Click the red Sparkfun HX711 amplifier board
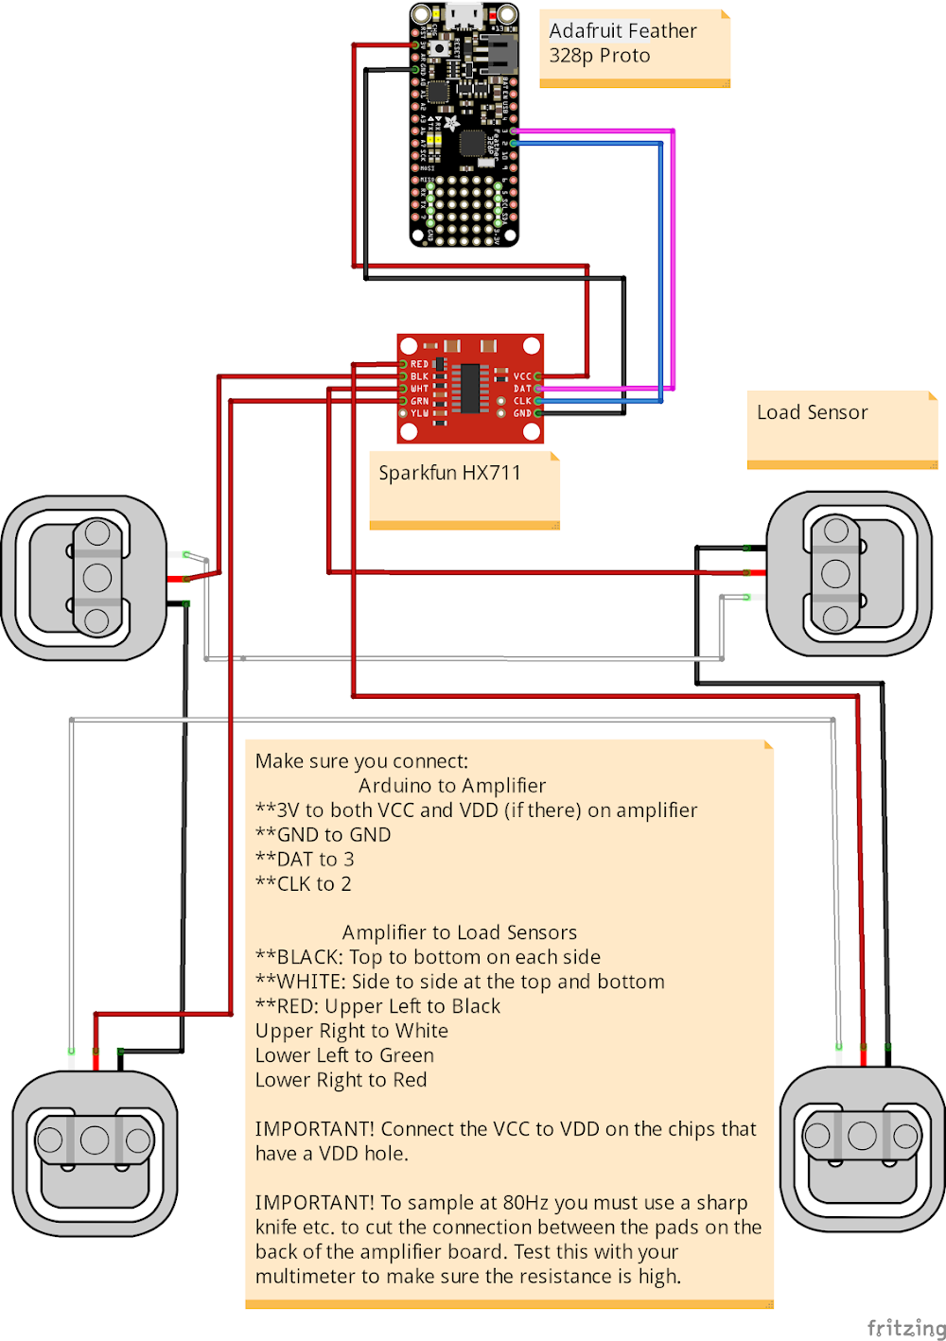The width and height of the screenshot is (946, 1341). point(470,388)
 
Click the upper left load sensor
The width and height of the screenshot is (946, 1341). point(84,578)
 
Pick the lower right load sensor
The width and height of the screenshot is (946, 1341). point(862,1148)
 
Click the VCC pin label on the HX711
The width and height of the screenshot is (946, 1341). point(522,376)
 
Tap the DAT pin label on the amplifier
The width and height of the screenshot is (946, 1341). point(522,389)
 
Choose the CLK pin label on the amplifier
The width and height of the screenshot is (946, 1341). point(522,401)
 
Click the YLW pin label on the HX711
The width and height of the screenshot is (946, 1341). point(419,413)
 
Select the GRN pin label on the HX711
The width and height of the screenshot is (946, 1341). point(419,401)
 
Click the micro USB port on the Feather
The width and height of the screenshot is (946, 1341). point(464,13)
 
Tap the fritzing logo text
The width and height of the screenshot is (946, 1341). point(905,1328)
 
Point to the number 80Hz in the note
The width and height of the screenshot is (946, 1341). point(526,1203)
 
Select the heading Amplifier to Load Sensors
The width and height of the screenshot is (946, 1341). point(459,932)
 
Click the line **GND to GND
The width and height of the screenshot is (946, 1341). point(323,834)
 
